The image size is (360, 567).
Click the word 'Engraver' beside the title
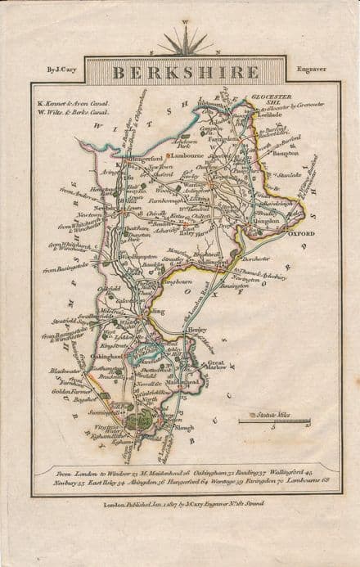(312, 69)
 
